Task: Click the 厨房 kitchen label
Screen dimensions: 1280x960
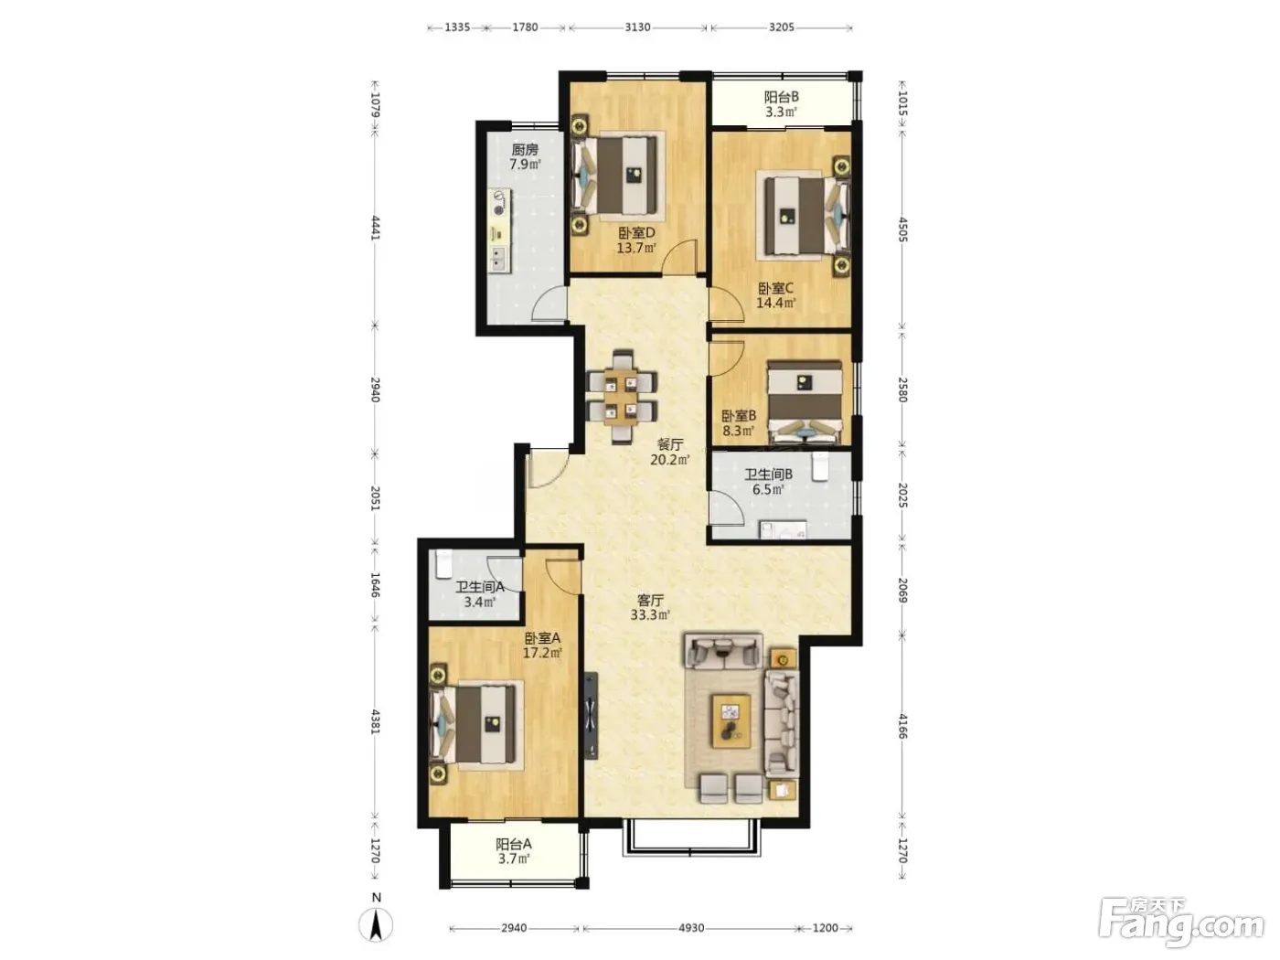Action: click(525, 150)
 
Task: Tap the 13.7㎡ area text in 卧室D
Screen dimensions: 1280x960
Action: click(636, 248)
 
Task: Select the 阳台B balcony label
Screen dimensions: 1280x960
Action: click(782, 97)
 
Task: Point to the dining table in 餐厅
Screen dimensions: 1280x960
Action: click(621, 397)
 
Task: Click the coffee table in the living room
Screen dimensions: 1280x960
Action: click(731, 721)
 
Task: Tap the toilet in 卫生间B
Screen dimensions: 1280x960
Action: click(819, 467)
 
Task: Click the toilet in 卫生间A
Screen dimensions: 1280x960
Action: click(444, 563)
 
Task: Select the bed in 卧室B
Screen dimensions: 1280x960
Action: click(805, 402)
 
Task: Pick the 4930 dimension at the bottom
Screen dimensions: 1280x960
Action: click(690, 927)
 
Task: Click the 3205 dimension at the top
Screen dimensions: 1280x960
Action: click(782, 27)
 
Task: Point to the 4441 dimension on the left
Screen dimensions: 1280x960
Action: click(376, 228)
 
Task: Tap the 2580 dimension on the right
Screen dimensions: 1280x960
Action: click(902, 390)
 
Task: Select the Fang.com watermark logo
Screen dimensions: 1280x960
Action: click(1181, 923)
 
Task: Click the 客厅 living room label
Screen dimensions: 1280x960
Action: click(650, 600)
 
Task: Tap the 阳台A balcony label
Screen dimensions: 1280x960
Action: click(513, 844)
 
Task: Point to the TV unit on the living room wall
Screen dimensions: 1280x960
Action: click(592, 715)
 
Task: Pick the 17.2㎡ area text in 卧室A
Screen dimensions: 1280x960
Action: click(542, 653)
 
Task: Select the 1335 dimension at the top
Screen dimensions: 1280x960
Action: click(457, 27)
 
